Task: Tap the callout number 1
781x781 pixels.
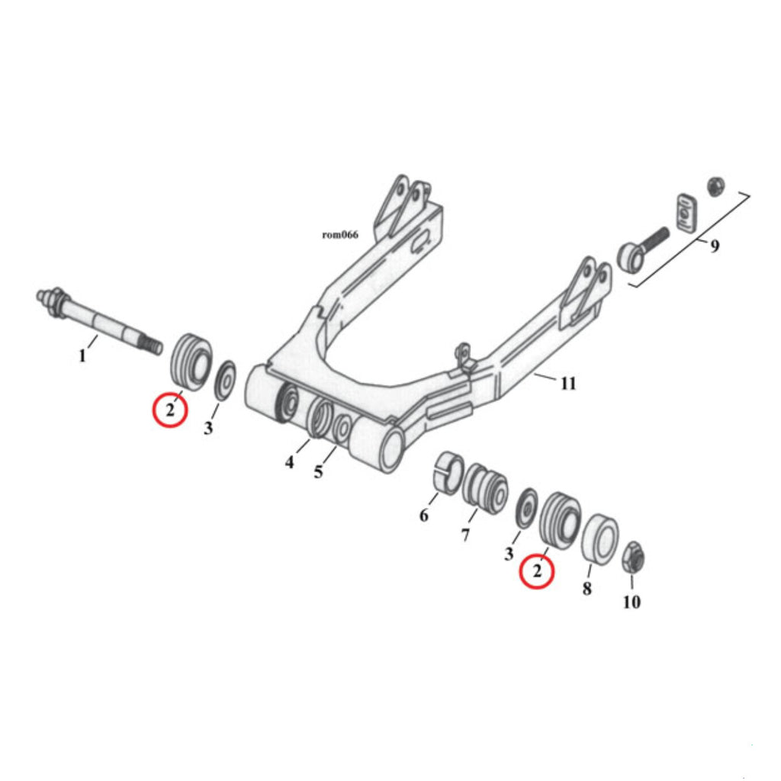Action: coord(82,355)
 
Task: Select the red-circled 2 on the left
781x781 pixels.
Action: coord(170,410)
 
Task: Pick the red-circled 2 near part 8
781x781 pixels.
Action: coord(537,570)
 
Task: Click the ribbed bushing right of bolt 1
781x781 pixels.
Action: coord(191,361)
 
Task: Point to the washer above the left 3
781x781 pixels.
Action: coord(225,380)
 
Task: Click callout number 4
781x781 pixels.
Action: coord(289,462)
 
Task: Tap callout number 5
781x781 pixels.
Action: coord(318,471)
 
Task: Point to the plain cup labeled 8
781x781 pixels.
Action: coord(599,538)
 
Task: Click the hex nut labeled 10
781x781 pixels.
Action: coord(634,558)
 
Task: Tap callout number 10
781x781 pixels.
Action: coord(632,603)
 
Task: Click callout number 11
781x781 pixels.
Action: coord(568,384)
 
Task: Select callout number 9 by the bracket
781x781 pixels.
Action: coord(714,246)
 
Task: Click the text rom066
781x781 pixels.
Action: coord(340,234)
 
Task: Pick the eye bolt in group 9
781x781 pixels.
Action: coord(643,249)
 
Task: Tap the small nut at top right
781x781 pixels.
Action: coord(715,186)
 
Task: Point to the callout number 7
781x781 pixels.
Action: coord(465,535)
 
